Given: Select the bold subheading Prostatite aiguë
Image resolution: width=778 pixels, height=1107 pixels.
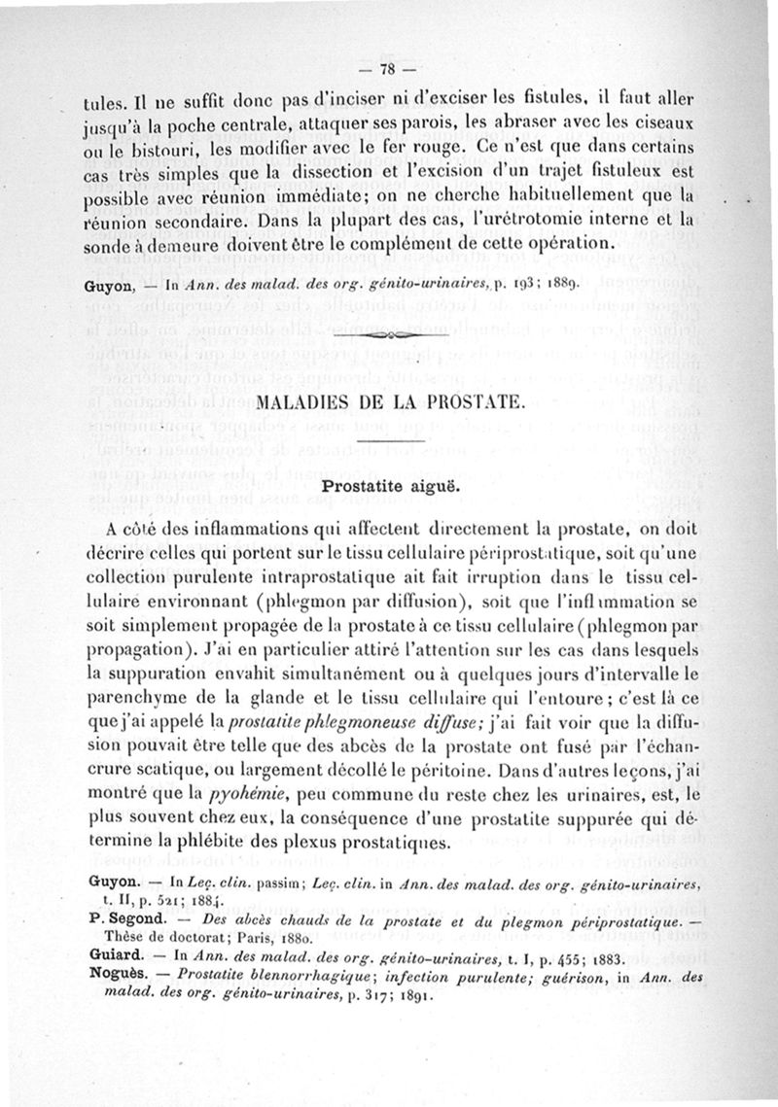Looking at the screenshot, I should pos(385,483).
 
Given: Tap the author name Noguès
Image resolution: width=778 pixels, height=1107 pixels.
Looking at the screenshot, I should pos(117,976).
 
